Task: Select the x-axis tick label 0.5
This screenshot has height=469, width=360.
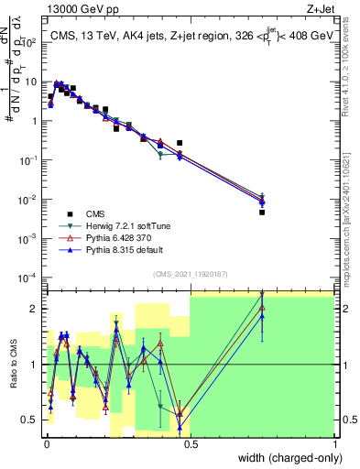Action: pyautogui.click(x=190, y=446)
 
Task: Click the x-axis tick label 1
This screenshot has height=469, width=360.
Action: pyautogui.click(x=334, y=446)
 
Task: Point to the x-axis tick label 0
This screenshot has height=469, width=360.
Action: pyautogui.click(x=45, y=446)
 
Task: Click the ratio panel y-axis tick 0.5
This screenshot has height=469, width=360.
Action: pyautogui.click(x=30, y=420)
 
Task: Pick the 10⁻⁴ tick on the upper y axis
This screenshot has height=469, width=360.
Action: pyautogui.click(x=29, y=278)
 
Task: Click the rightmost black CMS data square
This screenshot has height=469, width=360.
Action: pyautogui.click(x=262, y=212)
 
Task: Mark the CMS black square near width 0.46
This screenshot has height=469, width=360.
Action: pyautogui.click(x=180, y=143)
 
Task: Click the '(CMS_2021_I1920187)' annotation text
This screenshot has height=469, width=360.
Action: pyautogui.click(x=190, y=274)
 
